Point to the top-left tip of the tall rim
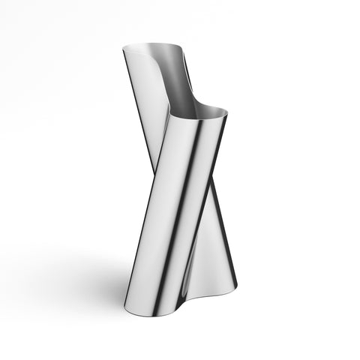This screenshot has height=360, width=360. [x=124, y=50]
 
